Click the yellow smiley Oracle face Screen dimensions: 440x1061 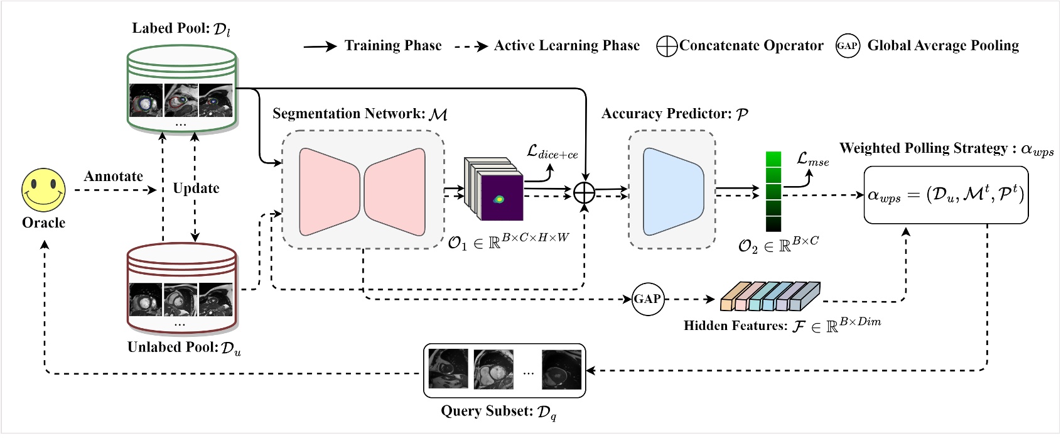click(44, 190)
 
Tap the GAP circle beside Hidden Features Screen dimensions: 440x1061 click(647, 299)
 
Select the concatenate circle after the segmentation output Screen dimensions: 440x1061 click(584, 192)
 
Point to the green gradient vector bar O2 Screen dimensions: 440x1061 click(773, 192)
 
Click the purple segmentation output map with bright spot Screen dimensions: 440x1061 click(502, 197)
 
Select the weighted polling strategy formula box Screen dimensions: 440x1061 click(945, 195)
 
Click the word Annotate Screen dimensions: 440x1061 click(114, 177)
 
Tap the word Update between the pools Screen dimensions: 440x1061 click(196, 188)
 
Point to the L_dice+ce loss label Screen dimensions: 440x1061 click(552, 152)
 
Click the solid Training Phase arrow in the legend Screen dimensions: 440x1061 click(320, 47)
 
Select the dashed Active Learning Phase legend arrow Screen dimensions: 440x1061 click(471, 47)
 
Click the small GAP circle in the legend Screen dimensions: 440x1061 click(847, 46)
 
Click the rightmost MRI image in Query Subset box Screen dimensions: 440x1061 click(561, 370)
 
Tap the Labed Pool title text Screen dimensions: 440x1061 click(181, 29)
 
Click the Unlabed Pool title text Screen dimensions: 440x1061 click(184, 348)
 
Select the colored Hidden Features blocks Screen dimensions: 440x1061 click(770, 297)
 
